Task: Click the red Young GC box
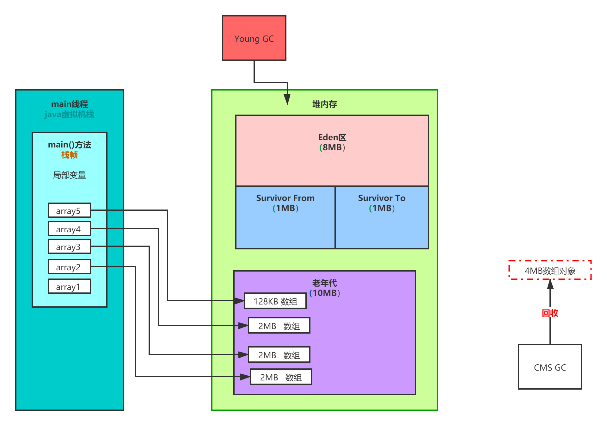[x=254, y=38]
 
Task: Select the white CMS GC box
[x=550, y=367]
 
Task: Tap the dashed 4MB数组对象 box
[x=550, y=270]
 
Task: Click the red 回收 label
[x=550, y=313]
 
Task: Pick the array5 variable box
[x=69, y=210]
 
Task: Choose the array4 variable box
[x=69, y=229]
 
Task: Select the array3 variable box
[x=69, y=247]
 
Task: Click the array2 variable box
[x=69, y=267]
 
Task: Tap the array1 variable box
[x=69, y=286]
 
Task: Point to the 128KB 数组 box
[x=275, y=301]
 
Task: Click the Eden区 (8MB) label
[x=332, y=142]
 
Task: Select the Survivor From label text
[x=285, y=198]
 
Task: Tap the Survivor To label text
[x=382, y=198]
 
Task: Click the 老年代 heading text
[x=324, y=283]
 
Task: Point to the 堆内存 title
[x=324, y=104]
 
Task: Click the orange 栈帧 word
[x=69, y=155]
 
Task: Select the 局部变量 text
[x=69, y=175]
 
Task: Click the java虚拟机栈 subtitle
[x=69, y=114]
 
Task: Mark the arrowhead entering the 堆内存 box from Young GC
[x=287, y=99]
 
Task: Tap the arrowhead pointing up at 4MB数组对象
[x=550, y=284]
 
